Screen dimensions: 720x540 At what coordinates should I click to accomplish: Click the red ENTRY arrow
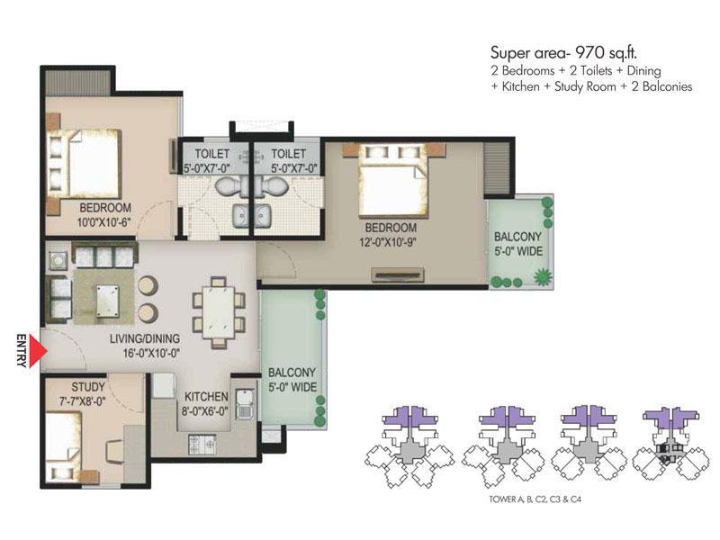(x=38, y=351)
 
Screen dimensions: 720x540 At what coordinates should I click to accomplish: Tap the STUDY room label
(x=88, y=387)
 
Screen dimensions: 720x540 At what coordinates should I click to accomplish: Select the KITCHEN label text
(x=206, y=396)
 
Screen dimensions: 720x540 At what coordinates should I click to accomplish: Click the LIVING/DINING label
(x=145, y=339)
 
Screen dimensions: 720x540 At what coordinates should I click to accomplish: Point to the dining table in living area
(x=219, y=312)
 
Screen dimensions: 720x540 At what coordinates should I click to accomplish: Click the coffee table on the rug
(x=107, y=301)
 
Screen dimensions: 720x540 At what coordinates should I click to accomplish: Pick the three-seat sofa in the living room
(x=104, y=256)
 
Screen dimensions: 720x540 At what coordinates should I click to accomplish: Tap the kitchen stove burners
(x=202, y=445)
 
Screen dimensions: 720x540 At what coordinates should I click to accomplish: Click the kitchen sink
(x=246, y=404)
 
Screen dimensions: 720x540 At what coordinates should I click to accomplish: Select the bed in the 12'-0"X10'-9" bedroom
(x=393, y=181)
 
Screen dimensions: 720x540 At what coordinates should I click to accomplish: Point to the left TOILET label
(x=211, y=153)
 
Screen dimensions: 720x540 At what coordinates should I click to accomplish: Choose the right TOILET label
(x=288, y=153)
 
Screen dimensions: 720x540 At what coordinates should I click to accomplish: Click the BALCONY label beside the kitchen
(x=292, y=373)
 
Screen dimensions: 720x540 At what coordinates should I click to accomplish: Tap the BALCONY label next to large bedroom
(x=518, y=237)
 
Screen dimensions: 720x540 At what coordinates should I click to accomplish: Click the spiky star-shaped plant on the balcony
(x=543, y=276)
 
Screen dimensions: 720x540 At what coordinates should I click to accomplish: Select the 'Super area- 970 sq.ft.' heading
(x=564, y=53)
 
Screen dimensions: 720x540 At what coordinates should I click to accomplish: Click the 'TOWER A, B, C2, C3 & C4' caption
(x=535, y=499)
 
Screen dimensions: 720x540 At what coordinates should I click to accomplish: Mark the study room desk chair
(x=115, y=452)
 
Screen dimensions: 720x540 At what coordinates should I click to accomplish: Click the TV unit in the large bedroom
(x=398, y=274)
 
